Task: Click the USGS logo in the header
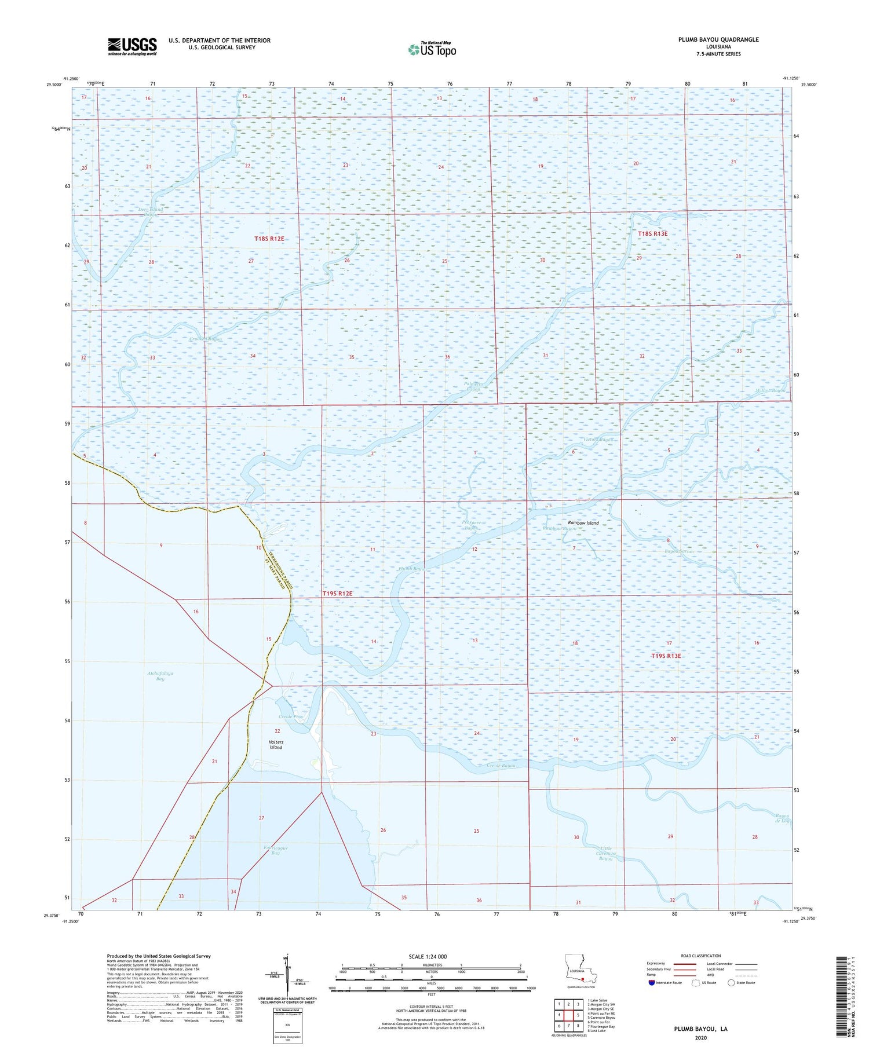coord(132,46)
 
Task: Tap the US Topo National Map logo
coord(432,49)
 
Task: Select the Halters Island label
coord(276,745)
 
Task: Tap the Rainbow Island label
coord(583,523)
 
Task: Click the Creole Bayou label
coord(501,766)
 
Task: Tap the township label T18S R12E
coord(269,239)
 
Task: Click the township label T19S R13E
coord(666,656)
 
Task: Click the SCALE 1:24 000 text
coord(428,956)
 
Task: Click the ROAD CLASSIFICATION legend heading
coord(701,956)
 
